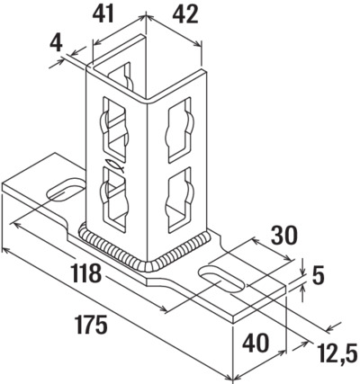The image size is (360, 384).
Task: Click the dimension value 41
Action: tap(103, 13)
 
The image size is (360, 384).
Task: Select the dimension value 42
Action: tap(185, 14)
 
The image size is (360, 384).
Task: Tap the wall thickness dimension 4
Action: tap(57, 43)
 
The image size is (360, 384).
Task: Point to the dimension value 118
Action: tap(86, 273)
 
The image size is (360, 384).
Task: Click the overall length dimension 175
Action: tap(91, 326)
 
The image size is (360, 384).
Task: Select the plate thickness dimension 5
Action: tap(319, 275)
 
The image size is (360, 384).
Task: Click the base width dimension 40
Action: tap(256, 344)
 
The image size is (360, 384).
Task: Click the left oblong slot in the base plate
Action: tap(65, 190)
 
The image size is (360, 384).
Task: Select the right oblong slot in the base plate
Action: tap(221, 280)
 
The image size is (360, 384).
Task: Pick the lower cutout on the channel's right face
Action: tap(180, 201)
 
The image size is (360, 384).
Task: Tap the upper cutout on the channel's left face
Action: tap(114, 127)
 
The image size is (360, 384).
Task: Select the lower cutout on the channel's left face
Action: tap(114, 199)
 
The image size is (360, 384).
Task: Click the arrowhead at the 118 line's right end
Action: tap(161, 308)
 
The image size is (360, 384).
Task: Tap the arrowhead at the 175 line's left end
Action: tap(7, 251)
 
